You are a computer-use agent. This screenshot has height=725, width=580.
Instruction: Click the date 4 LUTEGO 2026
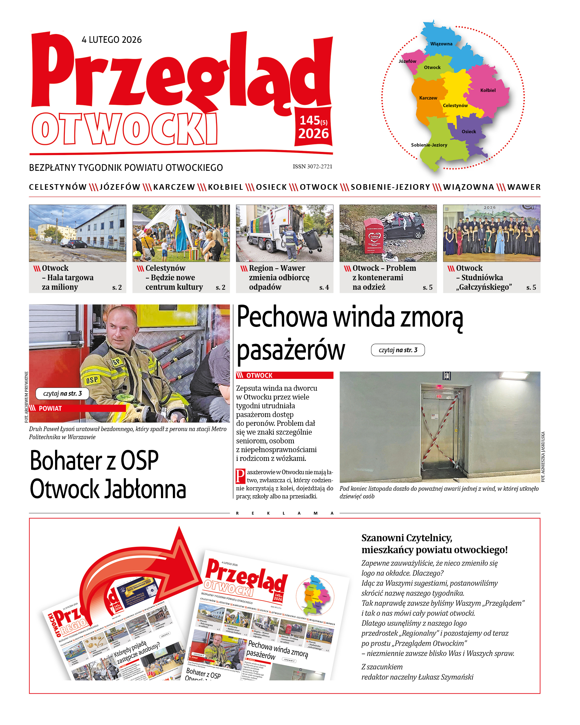pos(112,40)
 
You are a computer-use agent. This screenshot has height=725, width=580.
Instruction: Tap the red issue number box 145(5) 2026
pos(313,127)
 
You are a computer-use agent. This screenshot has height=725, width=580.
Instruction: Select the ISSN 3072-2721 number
pos(312,167)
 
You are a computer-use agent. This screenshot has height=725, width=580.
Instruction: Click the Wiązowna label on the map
pos(441,44)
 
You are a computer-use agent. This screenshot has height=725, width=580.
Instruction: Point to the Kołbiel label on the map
pos(488,90)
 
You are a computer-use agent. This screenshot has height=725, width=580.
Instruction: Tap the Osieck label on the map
pos(469,132)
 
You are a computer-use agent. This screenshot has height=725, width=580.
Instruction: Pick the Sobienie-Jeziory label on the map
pos(429,145)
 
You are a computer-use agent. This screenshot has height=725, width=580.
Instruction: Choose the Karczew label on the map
pos(428,98)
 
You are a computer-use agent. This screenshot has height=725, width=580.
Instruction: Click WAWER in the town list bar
pos(524,187)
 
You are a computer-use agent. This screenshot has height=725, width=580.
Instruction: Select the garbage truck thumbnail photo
pos(284,233)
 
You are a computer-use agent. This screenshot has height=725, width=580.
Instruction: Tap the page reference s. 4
pos(324,288)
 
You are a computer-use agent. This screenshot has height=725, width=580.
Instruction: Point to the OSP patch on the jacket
pos(92,380)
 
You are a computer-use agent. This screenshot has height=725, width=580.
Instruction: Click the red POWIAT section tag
pos(77,408)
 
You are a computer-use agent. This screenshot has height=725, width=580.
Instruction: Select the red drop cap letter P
pos(241,476)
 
